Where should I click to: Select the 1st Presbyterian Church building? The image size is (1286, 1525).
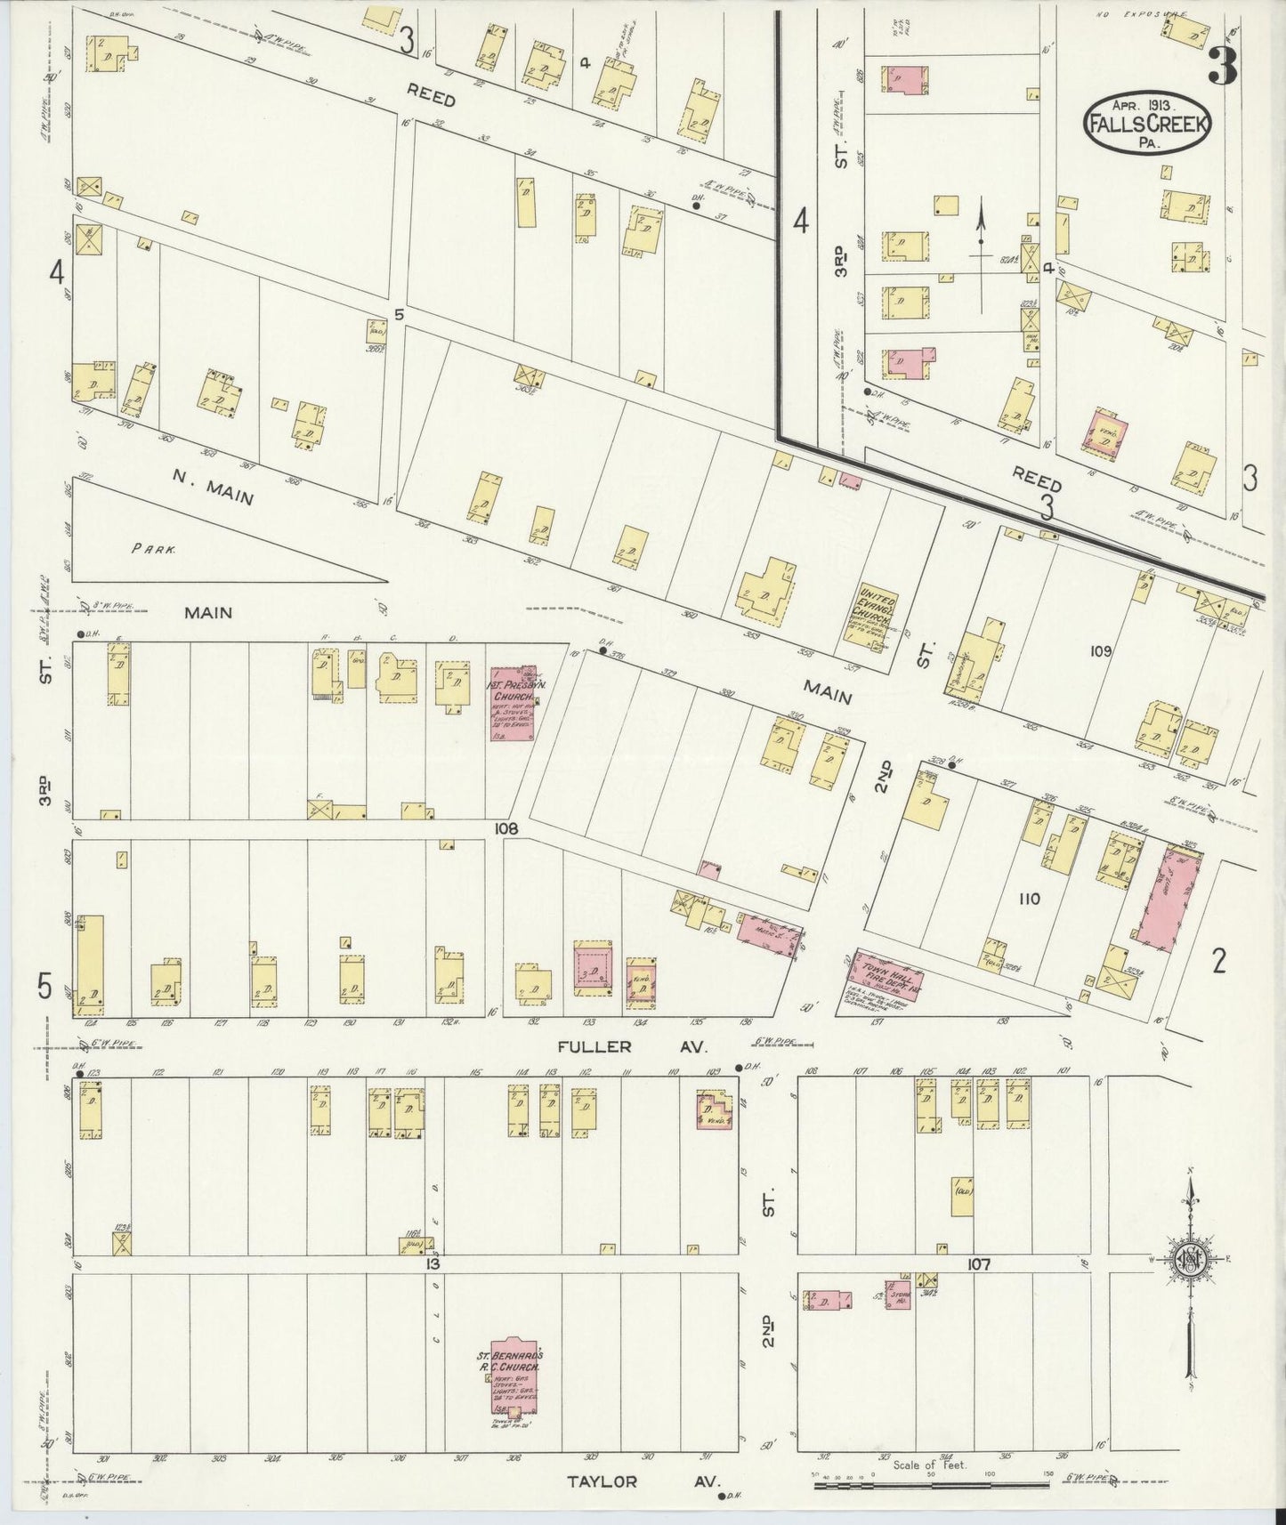point(512,703)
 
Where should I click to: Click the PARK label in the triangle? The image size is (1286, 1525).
point(153,549)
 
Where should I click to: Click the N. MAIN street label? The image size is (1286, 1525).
point(213,488)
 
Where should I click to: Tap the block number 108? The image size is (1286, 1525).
point(507,828)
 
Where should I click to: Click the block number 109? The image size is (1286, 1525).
point(1101,651)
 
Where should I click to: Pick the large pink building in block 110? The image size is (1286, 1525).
point(1168,894)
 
